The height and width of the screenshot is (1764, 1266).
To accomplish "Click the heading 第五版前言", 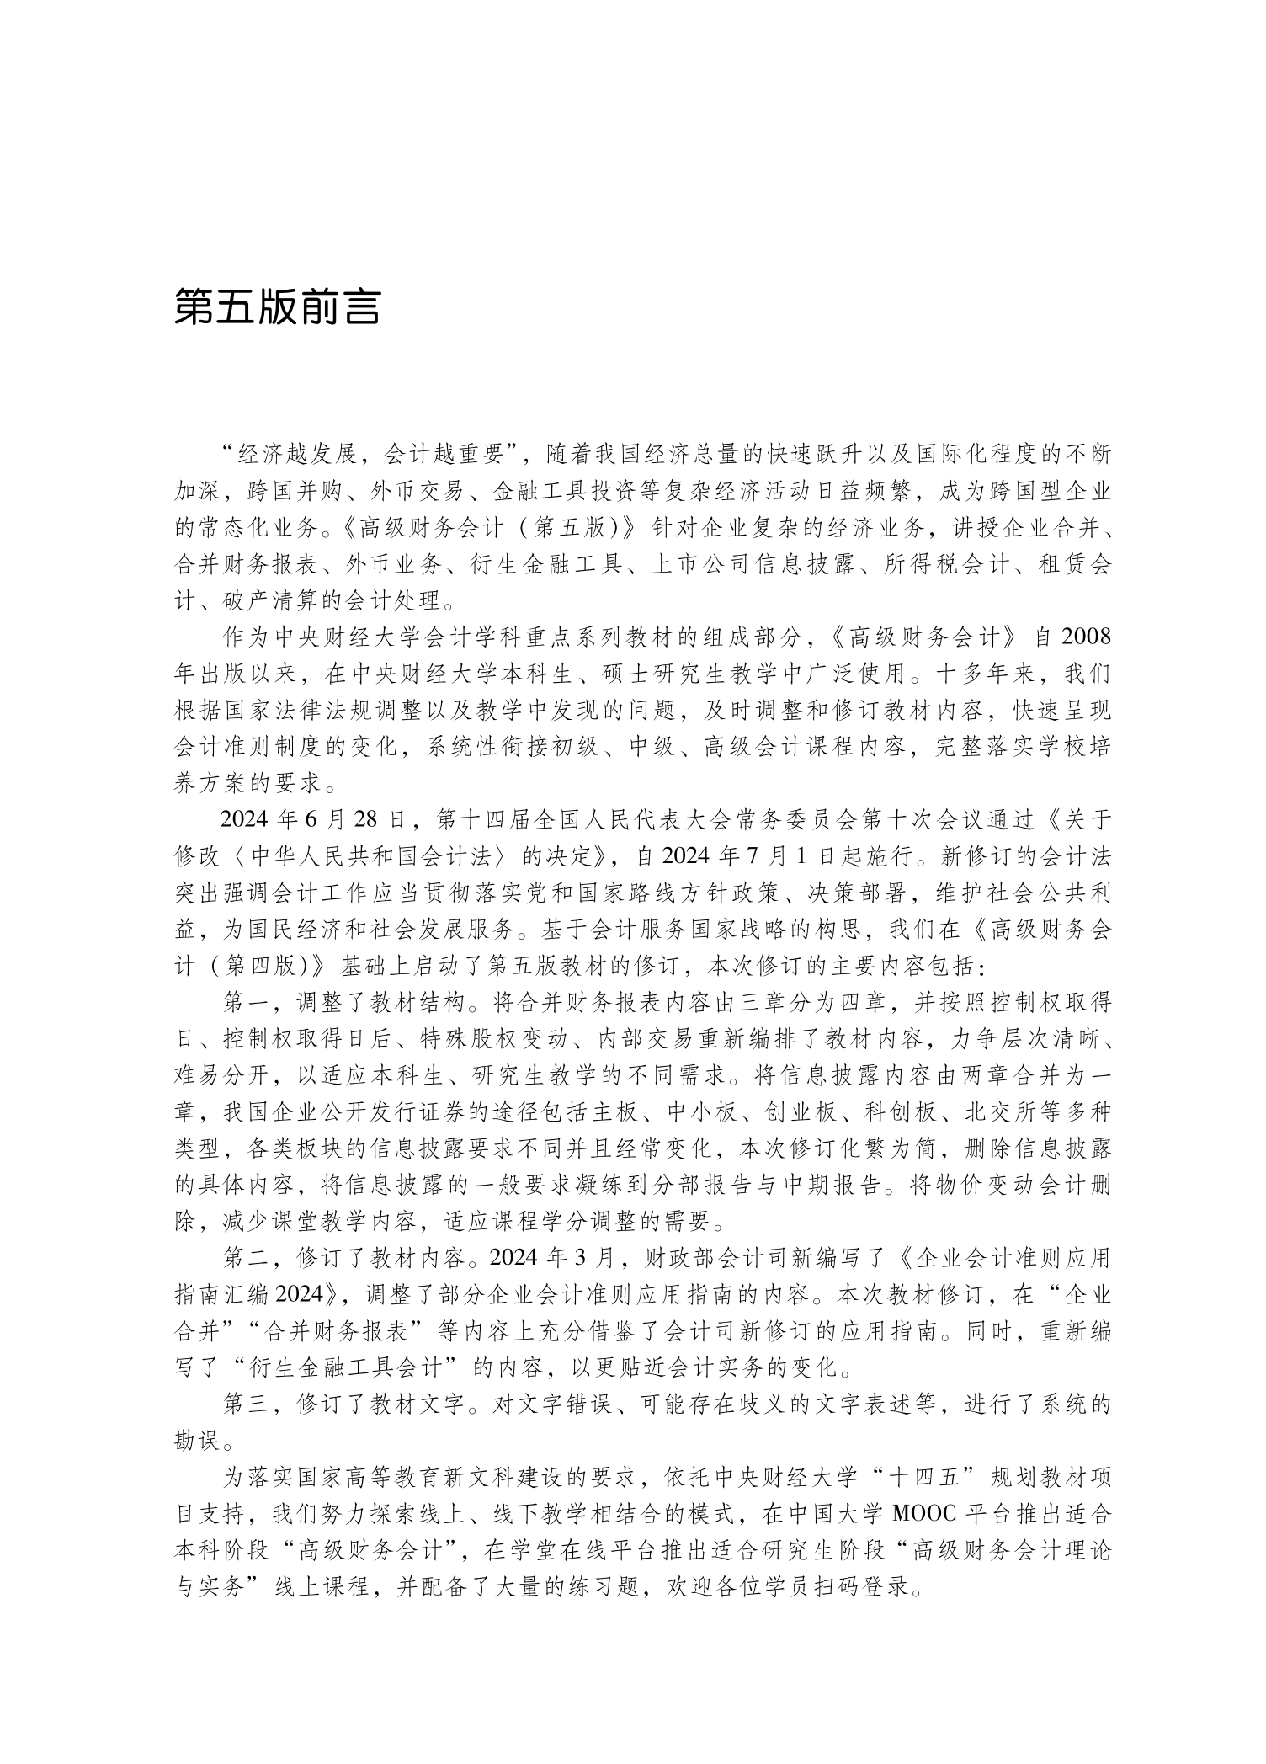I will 277,308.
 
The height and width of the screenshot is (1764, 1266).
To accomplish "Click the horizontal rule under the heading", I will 636,338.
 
